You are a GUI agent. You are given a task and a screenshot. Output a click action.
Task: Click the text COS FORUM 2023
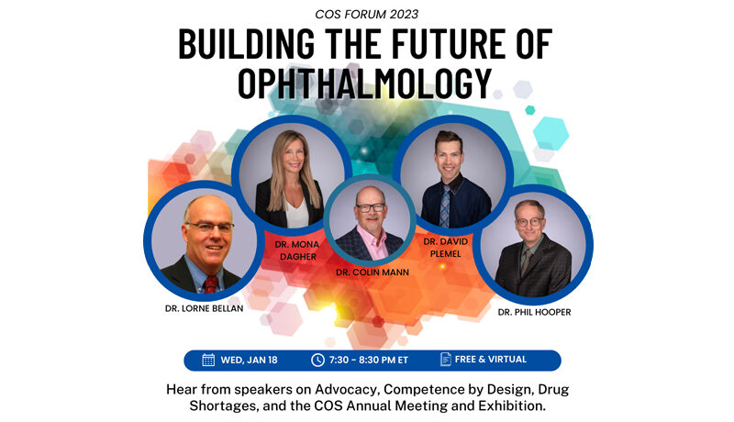click(x=366, y=14)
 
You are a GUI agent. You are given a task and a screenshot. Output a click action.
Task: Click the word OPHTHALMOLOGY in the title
click(x=365, y=83)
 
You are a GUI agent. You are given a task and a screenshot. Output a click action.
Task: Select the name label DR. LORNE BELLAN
click(x=204, y=309)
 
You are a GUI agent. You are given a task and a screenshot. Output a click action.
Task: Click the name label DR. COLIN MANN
click(x=373, y=272)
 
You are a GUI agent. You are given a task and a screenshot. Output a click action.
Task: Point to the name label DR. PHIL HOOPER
click(x=534, y=312)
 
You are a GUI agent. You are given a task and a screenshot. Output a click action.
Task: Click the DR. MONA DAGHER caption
click(x=297, y=250)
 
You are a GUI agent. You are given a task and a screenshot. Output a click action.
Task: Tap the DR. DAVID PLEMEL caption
click(x=446, y=248)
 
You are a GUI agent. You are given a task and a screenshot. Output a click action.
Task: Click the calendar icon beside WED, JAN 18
click(x=208, y=360)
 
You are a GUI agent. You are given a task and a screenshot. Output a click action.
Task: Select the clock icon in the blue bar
click(x=317, y=360)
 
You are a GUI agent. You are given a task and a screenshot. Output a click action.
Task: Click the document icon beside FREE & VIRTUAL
click(x=446, y=360)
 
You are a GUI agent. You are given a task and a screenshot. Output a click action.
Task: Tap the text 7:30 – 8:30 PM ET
click(x=369, y=361)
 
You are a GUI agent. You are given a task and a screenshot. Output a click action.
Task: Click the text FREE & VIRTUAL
click(x=491, y=360)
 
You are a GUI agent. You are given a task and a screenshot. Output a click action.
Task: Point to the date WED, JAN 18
click(x=249, y=361)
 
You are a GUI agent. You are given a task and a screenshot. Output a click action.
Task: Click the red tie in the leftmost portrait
click(x=211, y=284)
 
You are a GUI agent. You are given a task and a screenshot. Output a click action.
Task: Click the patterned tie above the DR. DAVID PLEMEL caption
click(x=445, y=205)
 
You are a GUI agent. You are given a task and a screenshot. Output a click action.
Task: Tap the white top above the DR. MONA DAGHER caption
click(x=296, y=213)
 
